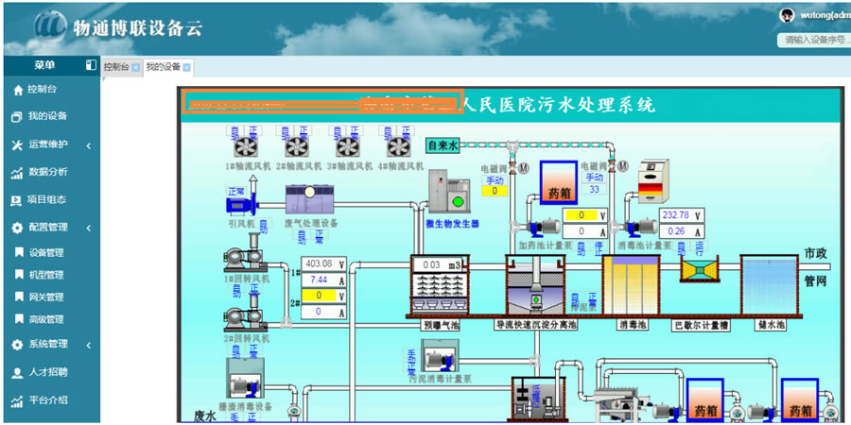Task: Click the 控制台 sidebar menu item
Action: (x=43, y=90)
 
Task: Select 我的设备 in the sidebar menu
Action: (x=46, y=116)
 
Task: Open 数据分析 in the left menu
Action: (x=47, y=172)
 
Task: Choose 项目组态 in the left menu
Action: (x=47, y=200)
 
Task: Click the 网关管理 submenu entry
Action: (x=46, y=297)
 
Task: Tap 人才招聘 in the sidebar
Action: (x=47, y=372)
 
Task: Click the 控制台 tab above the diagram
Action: (x=116, y=67)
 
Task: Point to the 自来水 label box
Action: (x=443, y=145)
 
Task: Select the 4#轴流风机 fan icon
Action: (x=399, y=146)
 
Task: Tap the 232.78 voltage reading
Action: (x=676, y=215)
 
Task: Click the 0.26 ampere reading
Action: (x=676, y=231)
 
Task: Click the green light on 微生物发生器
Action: (x=459, y=200)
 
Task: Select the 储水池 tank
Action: (x=769, y=284)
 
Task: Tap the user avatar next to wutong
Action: (x=786, y=14)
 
